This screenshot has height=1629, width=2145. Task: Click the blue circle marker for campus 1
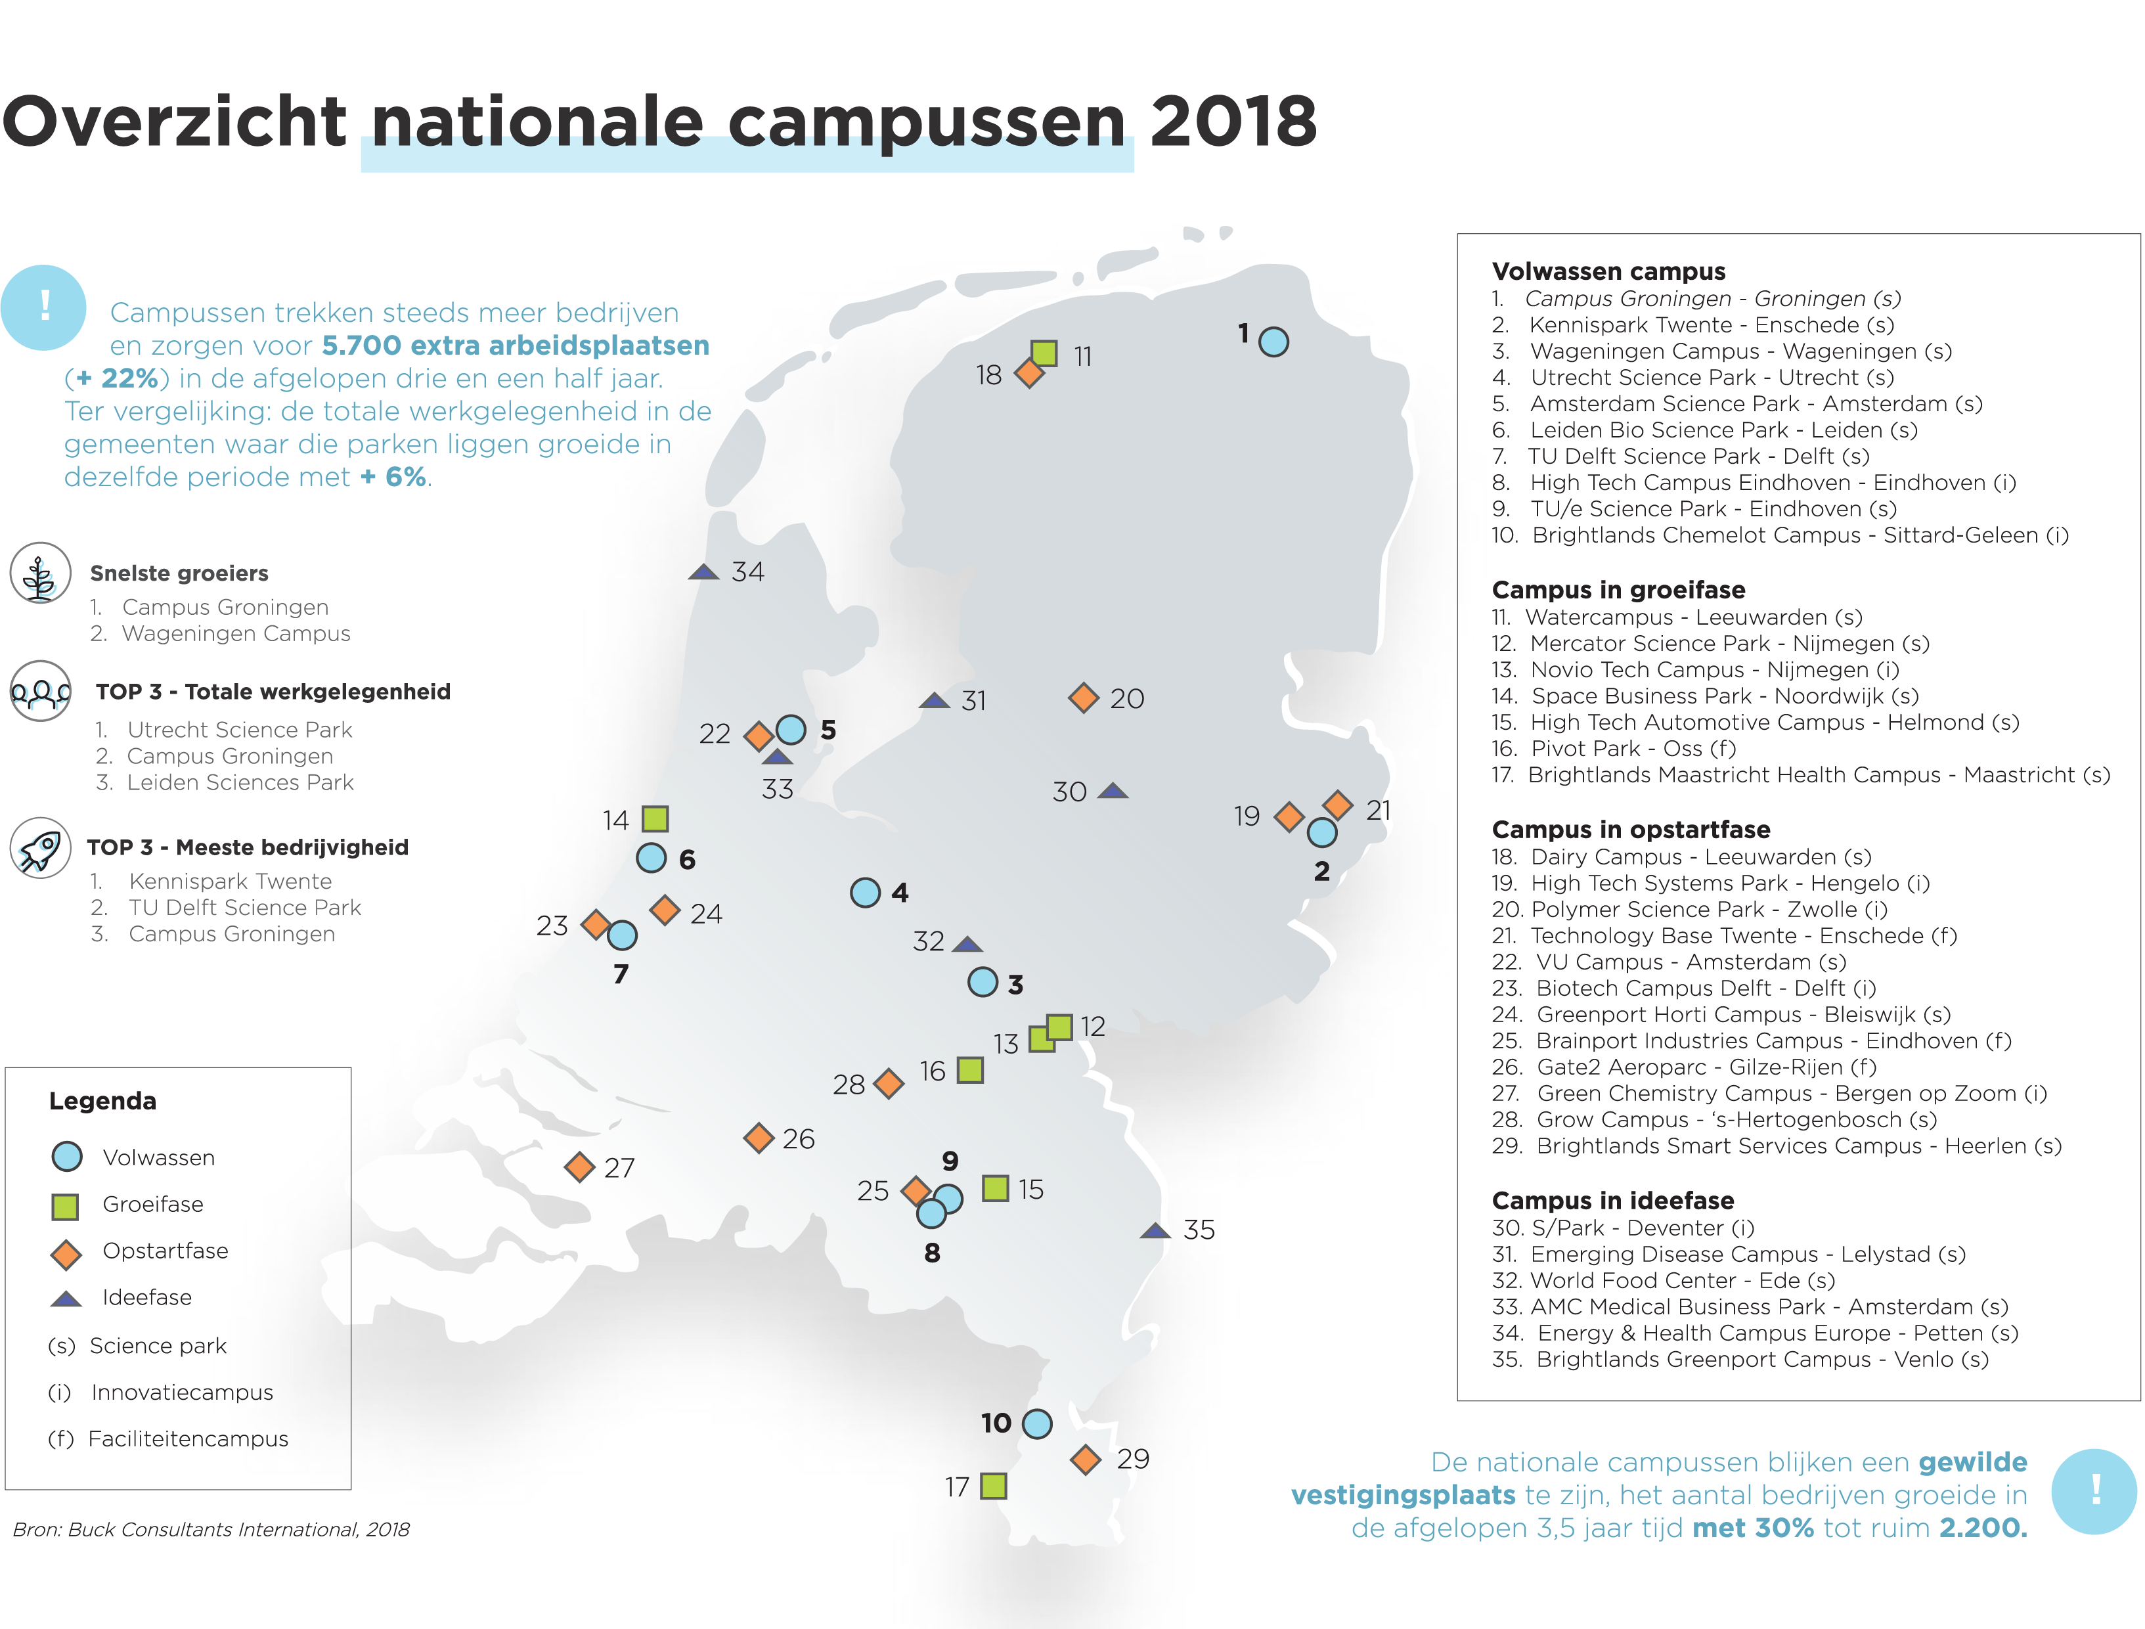tap(1273, 342)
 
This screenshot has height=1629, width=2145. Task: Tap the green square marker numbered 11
tap(1044, 353)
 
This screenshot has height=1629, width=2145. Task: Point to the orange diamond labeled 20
tap(1083, 698)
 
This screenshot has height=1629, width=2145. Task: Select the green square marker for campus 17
tap(993, 1486)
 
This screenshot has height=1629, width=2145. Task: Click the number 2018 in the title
tap(1233, 122)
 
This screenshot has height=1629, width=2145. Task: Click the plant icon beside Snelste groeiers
tap(40, 574)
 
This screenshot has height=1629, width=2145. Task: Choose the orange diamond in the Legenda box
tap(66, 1255)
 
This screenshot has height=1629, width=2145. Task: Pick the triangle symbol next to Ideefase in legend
tap(66, 1299)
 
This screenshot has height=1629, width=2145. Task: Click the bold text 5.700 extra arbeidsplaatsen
tap(515, 346)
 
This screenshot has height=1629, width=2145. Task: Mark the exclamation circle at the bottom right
tap(2094, 1491)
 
